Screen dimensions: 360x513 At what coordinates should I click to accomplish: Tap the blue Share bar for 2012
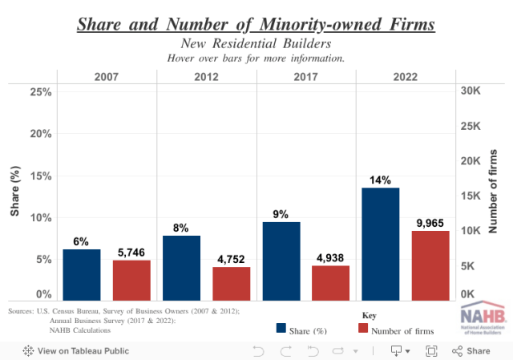pos(181,267)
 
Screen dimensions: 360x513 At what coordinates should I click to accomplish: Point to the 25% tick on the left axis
pos(41,92)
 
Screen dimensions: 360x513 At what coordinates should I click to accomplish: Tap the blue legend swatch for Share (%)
pos(281,328)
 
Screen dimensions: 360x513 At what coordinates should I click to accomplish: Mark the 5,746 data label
pos(131,252)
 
